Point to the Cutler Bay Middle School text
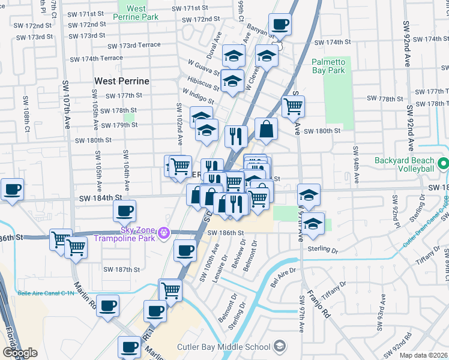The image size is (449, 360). [223, 347]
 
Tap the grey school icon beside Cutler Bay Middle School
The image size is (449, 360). [279, 346]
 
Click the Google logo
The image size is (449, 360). [20, 353]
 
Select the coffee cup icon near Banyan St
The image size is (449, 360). [280, 26]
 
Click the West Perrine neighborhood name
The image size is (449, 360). [121, 80]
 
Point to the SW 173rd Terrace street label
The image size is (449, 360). [134, 46]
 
